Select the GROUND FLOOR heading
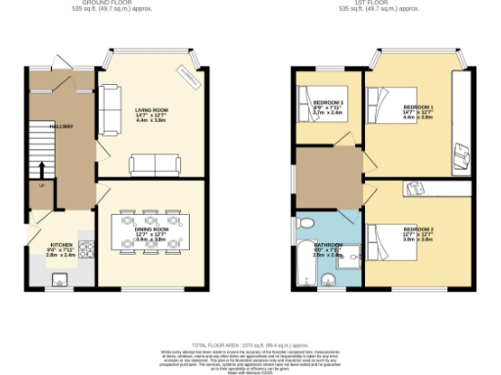pos(109,4)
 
